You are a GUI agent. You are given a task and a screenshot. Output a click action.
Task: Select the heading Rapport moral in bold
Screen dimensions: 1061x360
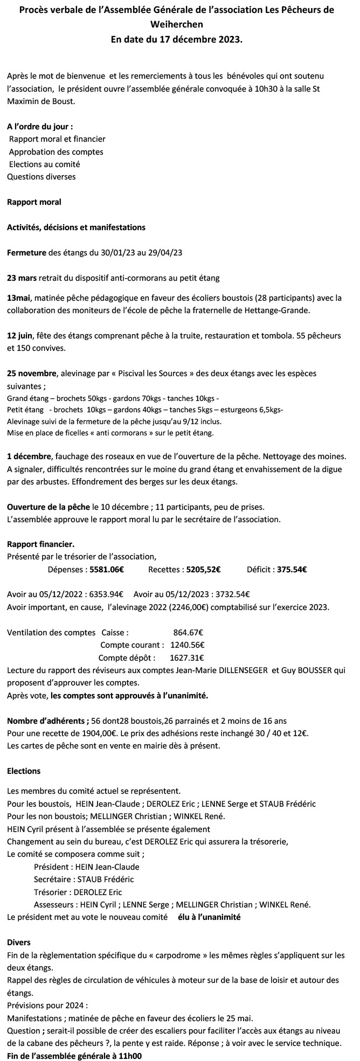point(34,202)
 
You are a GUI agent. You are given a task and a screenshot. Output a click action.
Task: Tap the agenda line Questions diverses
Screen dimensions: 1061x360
point(41,176)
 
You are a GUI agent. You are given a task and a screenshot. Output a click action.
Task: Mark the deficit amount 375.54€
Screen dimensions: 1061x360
point(292,569)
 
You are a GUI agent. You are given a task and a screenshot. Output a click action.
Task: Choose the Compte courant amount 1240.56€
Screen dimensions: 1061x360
point(187,645)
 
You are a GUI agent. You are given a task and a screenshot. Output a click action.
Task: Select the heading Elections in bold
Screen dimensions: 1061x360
point(24,772)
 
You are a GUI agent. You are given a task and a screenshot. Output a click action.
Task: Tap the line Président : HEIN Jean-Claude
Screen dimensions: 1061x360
point(86,867)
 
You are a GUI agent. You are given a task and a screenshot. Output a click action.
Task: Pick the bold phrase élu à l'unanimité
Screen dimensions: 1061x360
point(209,917)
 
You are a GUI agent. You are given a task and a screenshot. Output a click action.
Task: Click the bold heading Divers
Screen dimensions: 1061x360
point(19,942)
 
